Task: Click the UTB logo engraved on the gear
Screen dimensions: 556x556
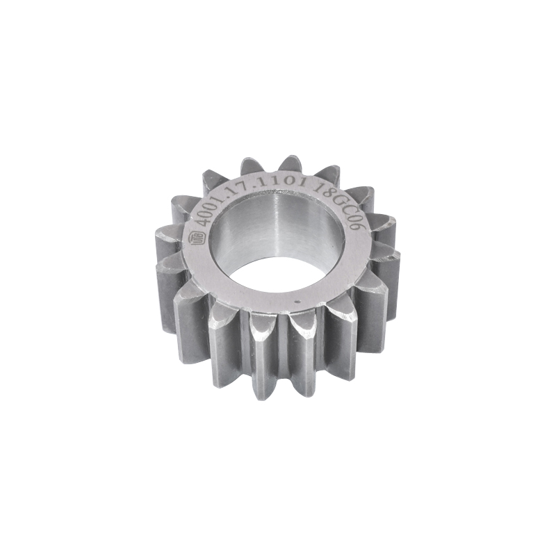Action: [x=197, y=238]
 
